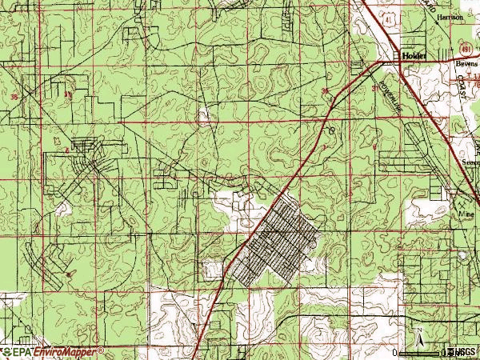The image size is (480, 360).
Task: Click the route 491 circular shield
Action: (x=464, y=46)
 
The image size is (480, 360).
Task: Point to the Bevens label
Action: (x=466, y=61)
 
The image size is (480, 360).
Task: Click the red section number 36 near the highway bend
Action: (x=326, y=91)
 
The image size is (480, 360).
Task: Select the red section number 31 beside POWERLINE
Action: (x=375, y=89)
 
